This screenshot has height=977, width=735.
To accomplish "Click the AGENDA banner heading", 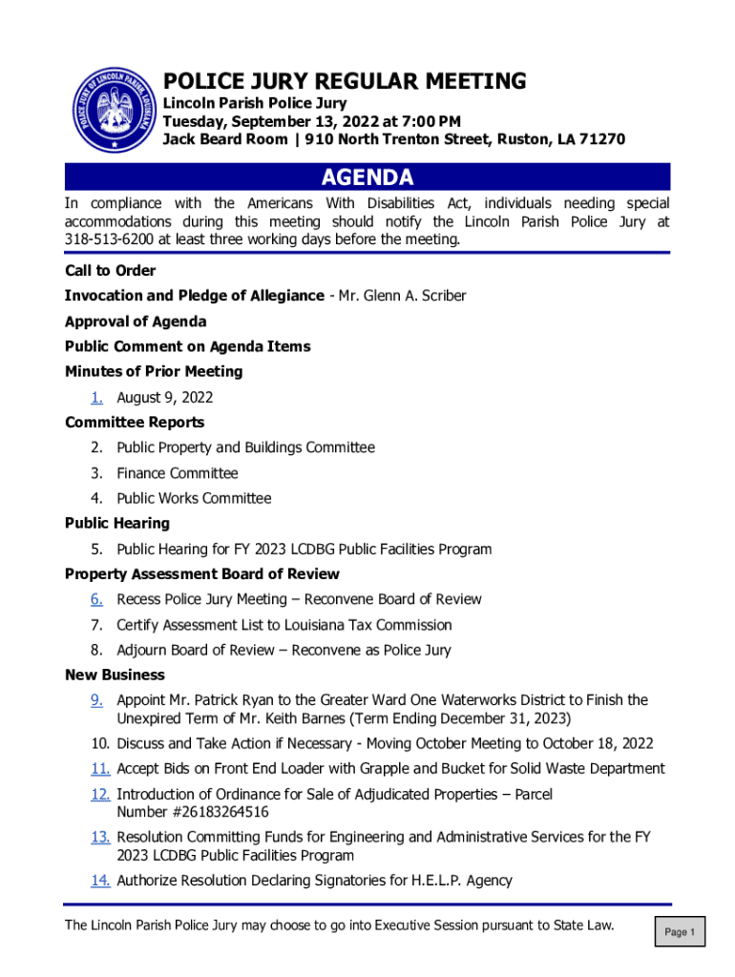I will coord(367,177).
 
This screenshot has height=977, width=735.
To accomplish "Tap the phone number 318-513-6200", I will coord(105,239).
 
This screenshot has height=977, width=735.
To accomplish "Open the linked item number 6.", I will coord(97,599).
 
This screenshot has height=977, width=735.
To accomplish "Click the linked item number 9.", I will coord(97,700).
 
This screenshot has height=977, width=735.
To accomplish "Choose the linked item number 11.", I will coord(101,769).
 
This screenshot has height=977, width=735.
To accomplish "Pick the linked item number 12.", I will coord(101,794).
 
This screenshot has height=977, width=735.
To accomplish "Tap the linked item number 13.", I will coord(101,837).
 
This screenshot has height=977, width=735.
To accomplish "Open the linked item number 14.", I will coord(101,881).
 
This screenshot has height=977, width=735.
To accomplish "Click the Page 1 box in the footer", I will coord(680,932).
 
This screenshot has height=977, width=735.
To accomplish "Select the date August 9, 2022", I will coord(164,397).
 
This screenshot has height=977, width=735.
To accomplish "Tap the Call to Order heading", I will coord(110,271).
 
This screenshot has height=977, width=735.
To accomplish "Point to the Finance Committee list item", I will coord(178,473).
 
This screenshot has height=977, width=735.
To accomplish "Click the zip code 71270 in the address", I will coord(602,139).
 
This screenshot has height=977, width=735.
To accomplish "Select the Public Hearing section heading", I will coord(117,523).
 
